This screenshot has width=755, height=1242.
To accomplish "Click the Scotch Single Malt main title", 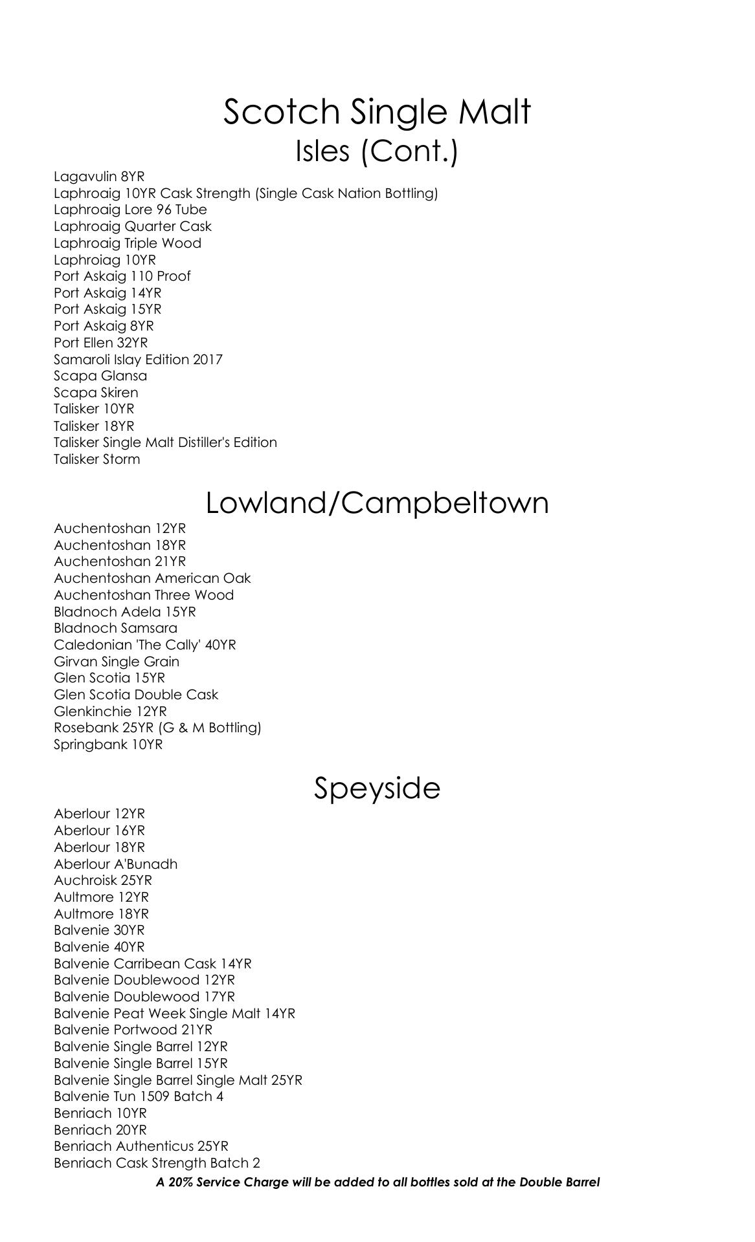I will click(x=377, y=111).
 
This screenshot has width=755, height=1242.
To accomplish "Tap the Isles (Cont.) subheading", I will click(x=377, y=151).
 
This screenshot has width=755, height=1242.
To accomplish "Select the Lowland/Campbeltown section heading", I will click(x=377, y=503).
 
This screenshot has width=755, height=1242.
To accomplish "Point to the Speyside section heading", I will click(x=377, y=788).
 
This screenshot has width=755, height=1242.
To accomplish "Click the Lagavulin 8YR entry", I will click(x=99, y=177).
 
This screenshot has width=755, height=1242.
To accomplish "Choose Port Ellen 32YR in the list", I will click(x=100, y=343).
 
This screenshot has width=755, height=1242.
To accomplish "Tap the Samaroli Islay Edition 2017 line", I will click(x=138, y=360).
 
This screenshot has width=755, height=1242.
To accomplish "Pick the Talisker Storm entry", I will click(x=96, y=459).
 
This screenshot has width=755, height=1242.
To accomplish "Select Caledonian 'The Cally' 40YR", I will click(x=145, y=645).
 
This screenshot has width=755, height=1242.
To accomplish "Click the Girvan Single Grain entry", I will click(x=117, y=662).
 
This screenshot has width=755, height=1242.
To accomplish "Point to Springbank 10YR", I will click(x=108, y=745).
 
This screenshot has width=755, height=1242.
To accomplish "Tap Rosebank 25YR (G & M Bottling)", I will click(x=157, y=728).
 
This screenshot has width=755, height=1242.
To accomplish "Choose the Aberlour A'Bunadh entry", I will click(x=115, y=864).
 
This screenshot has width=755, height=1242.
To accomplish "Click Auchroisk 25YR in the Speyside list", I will click(x=103, y=880).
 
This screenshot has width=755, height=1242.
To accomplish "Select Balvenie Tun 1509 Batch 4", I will click(x=139, y=1096).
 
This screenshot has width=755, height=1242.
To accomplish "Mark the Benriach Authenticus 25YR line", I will click(x=141, y=1146).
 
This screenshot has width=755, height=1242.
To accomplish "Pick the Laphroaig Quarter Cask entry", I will click(x=133, y=226).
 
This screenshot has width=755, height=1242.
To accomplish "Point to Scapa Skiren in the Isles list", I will click(x=96, y=393).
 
